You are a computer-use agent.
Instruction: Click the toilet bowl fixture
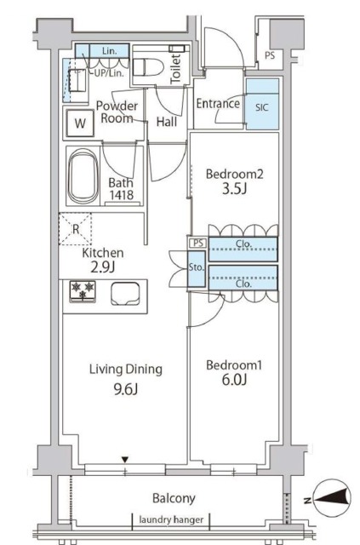(148, 67)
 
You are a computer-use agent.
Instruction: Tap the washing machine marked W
(80, 123)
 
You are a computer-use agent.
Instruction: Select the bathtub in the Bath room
(83, 176)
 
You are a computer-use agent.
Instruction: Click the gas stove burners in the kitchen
(83, 290)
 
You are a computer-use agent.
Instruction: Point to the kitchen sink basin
(125, 294)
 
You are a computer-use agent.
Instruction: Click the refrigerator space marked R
(76, 229)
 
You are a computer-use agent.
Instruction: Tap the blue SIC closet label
(261, 107)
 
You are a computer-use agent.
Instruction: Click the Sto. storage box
(197, 268)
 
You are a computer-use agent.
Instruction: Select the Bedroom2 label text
(235, 174)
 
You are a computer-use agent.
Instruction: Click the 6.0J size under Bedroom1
(234, 380)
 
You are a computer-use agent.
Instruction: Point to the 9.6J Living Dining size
(126, 389)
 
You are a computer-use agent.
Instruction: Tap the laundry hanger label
(171, 519)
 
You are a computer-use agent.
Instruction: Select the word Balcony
(174, 498)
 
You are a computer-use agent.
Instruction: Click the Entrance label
(218, 103)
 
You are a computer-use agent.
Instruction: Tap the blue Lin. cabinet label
(110, 51)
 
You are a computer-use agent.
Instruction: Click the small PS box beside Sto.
(198, 243)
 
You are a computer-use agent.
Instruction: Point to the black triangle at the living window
(125, 460)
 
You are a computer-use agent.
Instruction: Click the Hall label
(167, 122)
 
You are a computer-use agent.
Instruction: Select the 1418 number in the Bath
(121, 195)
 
